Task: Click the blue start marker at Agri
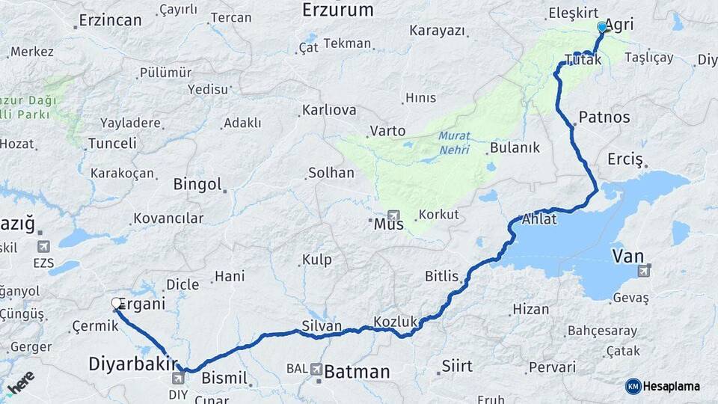pyautogui.click(x=602, y=28)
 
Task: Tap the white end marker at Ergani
pyautogui.click(x=117, y=303)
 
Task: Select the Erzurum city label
pyautogui.click(x=337, y=10)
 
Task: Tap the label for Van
pyautogui.click(x=628, y=257)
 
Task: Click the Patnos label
pyautogui.click(x=604, y=117)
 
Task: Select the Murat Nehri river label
pyautogui.click(x=455, y=143)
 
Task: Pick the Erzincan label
pyautogui.click(x=110, y=20)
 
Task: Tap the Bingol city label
pyautogui.click(x=197, y=184)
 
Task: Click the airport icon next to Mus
pyautogui.click(x=393, y=215)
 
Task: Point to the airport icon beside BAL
pyautogui.click(x=317, y=369)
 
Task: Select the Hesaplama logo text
pyautogui.click(x=671, y=386)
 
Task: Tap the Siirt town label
pyautogui.click(x=457, y=366)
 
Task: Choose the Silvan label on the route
pyautogui.click(x=322, y=326)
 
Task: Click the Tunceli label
pyautogui.click(x=112, y=143)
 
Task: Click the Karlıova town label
pyautogui.click(x=329, y=111)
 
